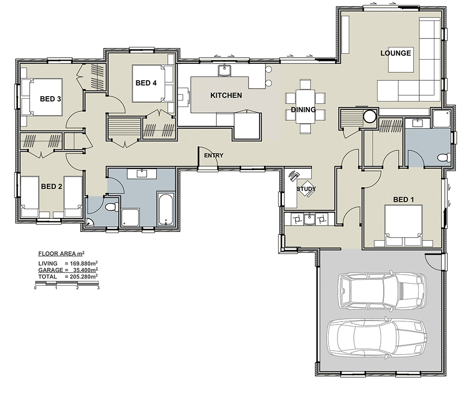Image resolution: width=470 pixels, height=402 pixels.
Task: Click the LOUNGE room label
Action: (395, 54)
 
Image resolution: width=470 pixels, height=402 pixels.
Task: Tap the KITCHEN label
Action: (226, 95)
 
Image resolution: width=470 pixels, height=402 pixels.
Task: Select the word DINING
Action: (303, 109)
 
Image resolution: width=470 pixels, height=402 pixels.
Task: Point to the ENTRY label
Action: (214, 155)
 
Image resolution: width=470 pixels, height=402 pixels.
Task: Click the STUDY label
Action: (306, 189)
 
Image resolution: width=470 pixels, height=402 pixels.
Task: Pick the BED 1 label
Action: (403, 200)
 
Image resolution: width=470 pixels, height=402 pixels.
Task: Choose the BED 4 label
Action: (146, 83)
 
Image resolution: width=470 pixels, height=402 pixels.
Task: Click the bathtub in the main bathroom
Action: (165, 209)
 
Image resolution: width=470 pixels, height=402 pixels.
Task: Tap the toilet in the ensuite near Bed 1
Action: (444, 157)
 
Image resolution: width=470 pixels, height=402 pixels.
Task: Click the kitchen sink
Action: (224, 70)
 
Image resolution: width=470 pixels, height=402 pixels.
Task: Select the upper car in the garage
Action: (382, 290)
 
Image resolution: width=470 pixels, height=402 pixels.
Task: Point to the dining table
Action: (305, 106)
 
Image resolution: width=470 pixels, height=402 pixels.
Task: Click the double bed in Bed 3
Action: (41, 97)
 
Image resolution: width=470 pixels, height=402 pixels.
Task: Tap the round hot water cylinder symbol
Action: (370, 116)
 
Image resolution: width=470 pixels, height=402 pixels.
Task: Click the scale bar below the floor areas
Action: (67, 283)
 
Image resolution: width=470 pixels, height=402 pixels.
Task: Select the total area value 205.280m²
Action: (81, 277)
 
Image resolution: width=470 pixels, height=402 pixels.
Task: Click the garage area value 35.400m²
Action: (86, 270)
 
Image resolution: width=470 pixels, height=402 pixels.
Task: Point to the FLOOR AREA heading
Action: (62, 254)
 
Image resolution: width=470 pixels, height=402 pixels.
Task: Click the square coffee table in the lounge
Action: (401, 60)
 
